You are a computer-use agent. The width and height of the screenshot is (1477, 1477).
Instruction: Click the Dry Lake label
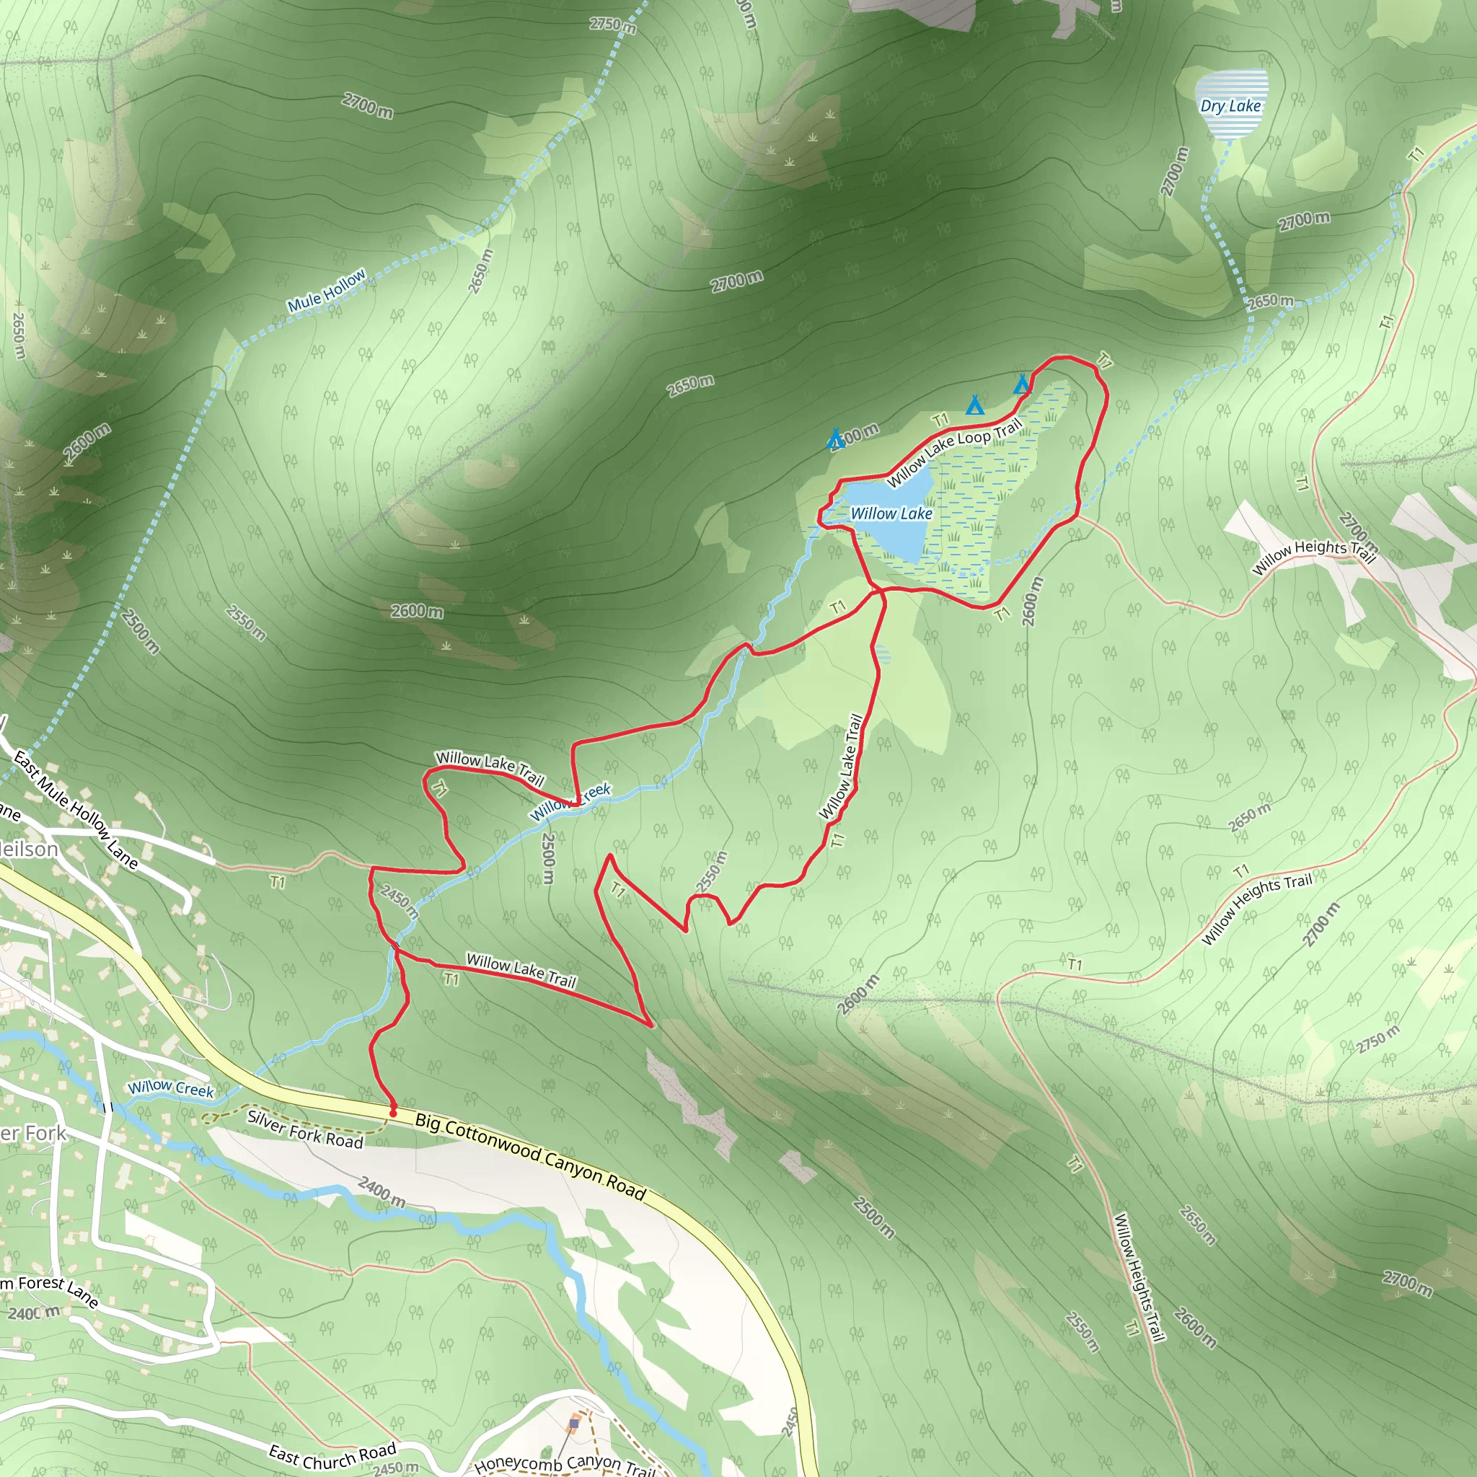tap(1230, 106)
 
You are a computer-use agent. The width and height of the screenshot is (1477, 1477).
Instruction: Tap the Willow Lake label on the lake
tap(891, 513)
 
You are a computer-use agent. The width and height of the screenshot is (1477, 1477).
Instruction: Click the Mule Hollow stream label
tap(327, 291)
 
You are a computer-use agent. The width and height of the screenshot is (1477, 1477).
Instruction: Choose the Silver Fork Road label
tap(304, 1129)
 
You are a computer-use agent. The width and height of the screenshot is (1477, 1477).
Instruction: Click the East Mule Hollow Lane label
tap(76, 810)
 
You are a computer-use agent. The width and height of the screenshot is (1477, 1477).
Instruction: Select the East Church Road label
tap(332, 1455)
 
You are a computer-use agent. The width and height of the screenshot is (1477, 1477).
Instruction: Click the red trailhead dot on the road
tap(393, 1113)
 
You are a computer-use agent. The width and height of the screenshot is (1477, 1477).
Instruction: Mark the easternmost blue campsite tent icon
tap(1022, 384)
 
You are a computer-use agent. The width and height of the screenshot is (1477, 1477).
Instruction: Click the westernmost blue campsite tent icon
tap(836, 440)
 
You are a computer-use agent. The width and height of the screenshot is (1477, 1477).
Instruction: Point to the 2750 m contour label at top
tap(612, 25)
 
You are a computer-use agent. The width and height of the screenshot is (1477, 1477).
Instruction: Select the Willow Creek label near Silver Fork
tap(170, 1088)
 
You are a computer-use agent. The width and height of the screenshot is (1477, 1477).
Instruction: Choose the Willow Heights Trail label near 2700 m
tap(1313, 557)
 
